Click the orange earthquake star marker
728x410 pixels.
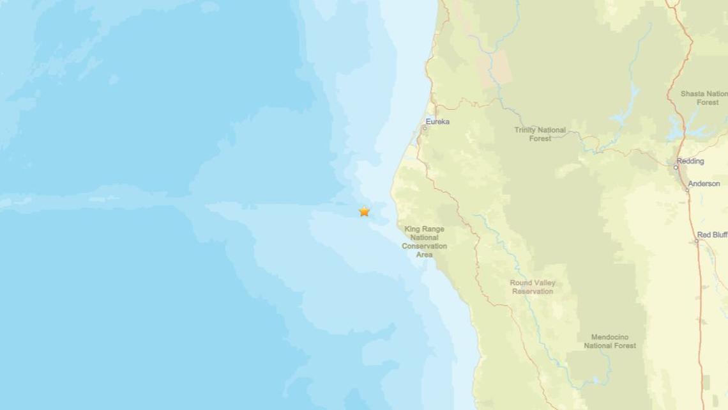[x=364, y=211]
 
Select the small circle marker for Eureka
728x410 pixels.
[x=425, y=128]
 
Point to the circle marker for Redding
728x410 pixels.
[x=676, y=168]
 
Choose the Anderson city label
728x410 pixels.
[x=704, y=184]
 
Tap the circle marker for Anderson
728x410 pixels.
[x=688, y=190]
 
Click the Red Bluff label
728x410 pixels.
[x=712, y=235]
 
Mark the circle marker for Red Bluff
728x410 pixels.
[x=697, y=241]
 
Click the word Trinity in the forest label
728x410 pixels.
[x=527, y=130]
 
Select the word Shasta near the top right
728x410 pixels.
[x=692, y=93]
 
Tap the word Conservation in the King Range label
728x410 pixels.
[x=425, y=246]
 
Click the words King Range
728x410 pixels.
[x=425, y=228]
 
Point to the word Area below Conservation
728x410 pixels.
[x=425, y=255]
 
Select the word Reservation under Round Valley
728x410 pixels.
[x=533, y=292]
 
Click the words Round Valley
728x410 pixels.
[x=533, y=283]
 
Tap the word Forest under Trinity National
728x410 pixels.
[x=540, y=138]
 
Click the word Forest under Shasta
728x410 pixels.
[x=708, y=102]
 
